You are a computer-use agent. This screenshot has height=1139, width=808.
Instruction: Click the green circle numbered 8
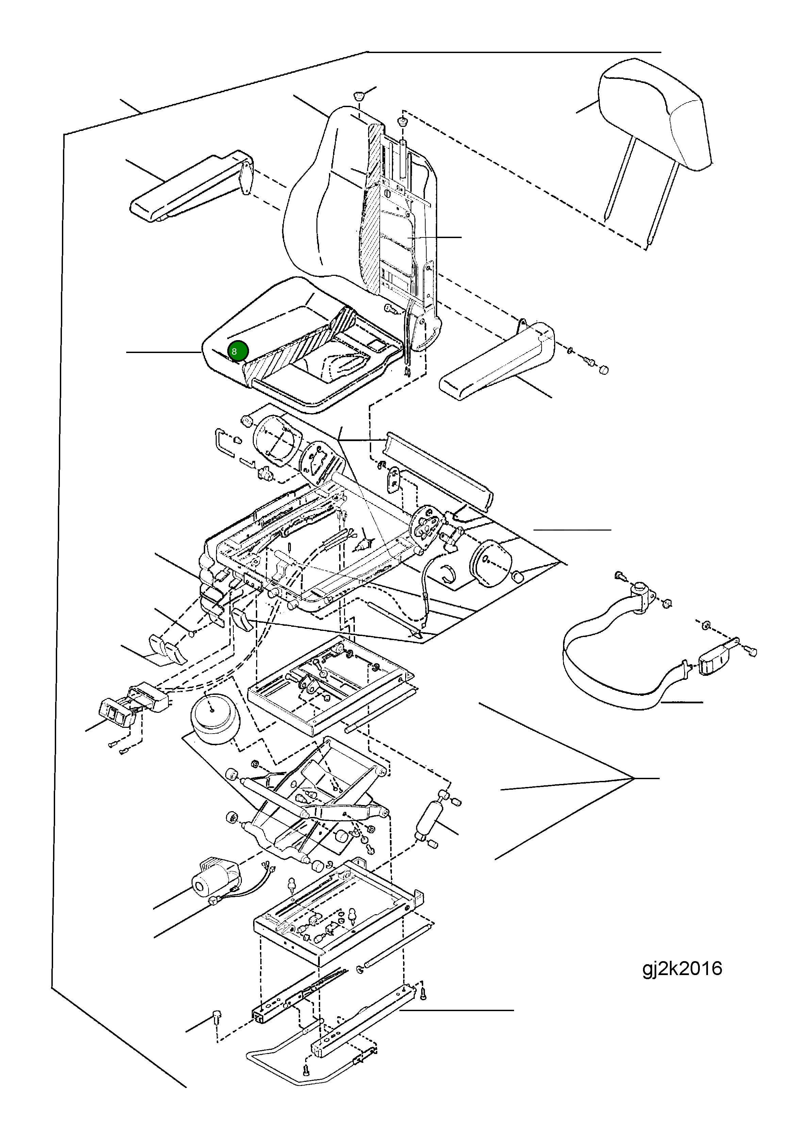coord(238,351)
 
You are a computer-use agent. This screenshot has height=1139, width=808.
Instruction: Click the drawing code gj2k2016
coord(682,968)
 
